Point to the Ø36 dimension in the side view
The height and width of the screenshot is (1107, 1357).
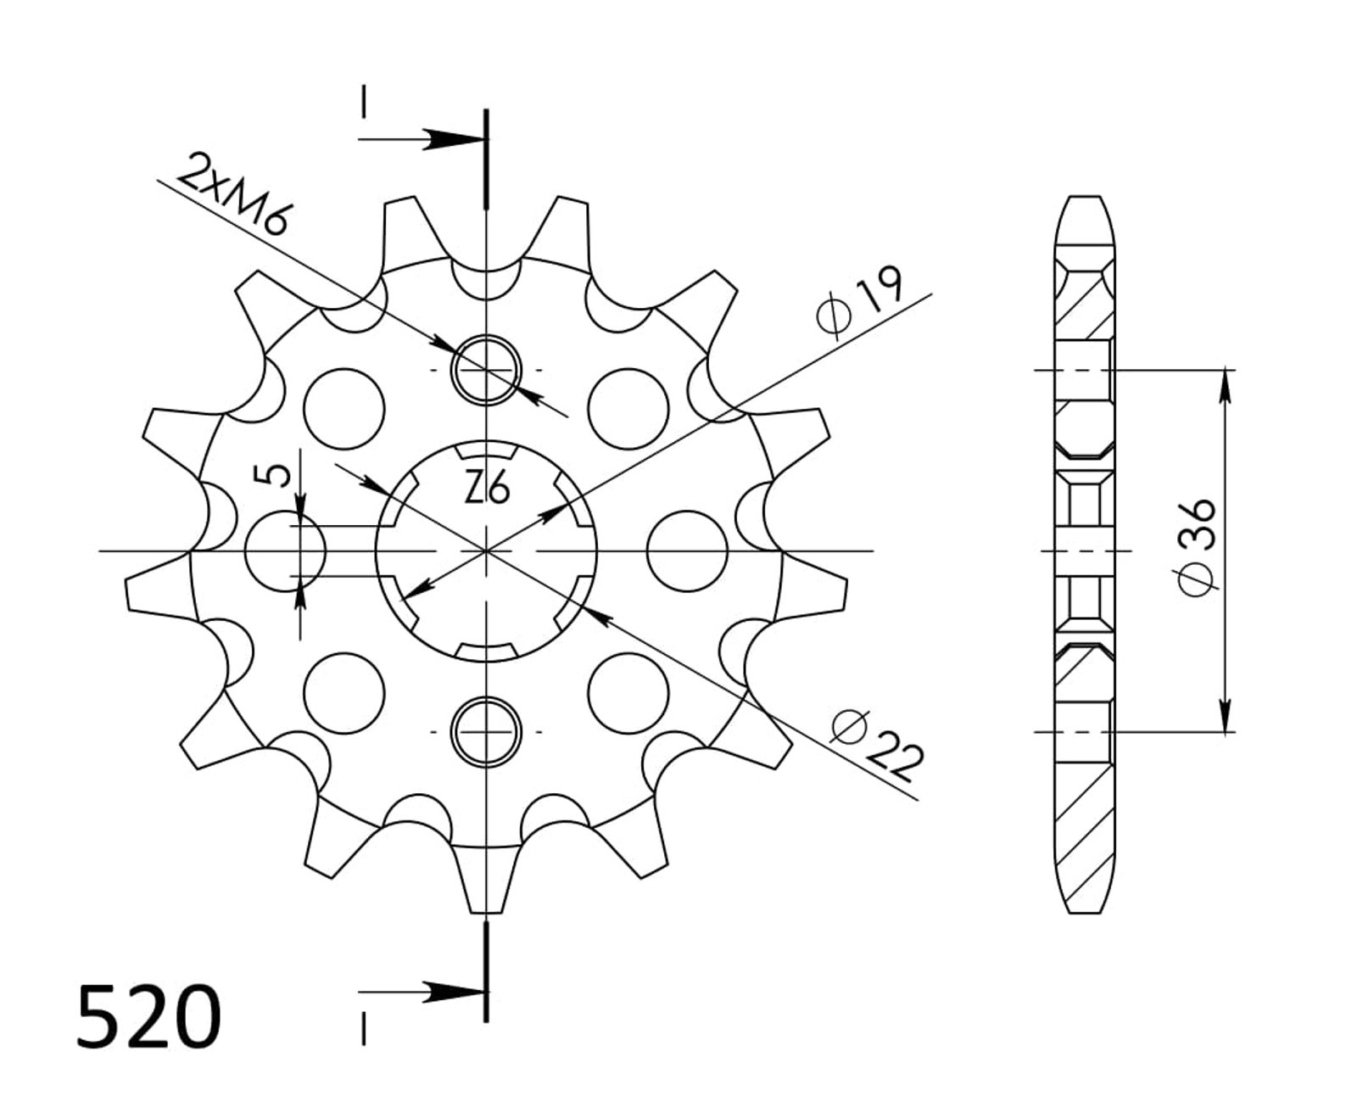[1197, 547]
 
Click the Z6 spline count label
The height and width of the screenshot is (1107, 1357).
[487, 487]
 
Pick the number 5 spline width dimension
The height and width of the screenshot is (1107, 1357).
[272, 476]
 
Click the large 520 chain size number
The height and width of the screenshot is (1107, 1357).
[148, 1016]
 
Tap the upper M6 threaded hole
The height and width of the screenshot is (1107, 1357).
[487, 370]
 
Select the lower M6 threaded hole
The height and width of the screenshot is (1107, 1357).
[487, 732]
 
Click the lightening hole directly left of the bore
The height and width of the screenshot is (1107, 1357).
[286, 551]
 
